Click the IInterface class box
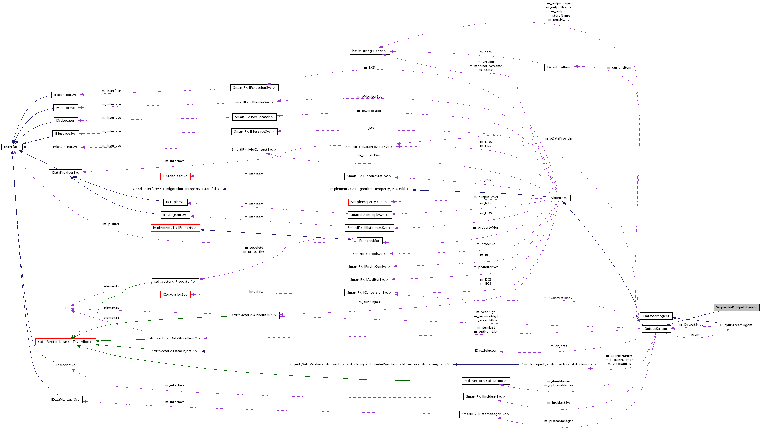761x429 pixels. pos(12,147)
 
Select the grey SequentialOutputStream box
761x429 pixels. pos(736,307)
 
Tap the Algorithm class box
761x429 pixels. pos(559,198)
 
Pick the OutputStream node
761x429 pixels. pos(656,329)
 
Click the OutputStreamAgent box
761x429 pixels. pos(736,325)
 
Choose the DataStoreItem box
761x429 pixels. pos(559,67)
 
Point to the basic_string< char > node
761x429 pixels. pos(369,51)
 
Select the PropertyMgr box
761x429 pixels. pos(369,241)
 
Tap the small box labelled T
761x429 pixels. pos(65,308)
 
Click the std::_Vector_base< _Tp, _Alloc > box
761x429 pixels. pos(65,342)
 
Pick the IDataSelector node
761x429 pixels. pos(486,351)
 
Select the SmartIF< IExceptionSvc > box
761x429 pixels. pos(254,88)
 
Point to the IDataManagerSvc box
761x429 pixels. pos(65,400)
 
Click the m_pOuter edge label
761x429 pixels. pos(111,224)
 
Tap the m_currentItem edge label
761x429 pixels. pos(619,67)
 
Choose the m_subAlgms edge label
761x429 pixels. pos(369,302)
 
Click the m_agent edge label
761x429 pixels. pos(692,335)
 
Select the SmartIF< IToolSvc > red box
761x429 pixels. pos(369,254)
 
